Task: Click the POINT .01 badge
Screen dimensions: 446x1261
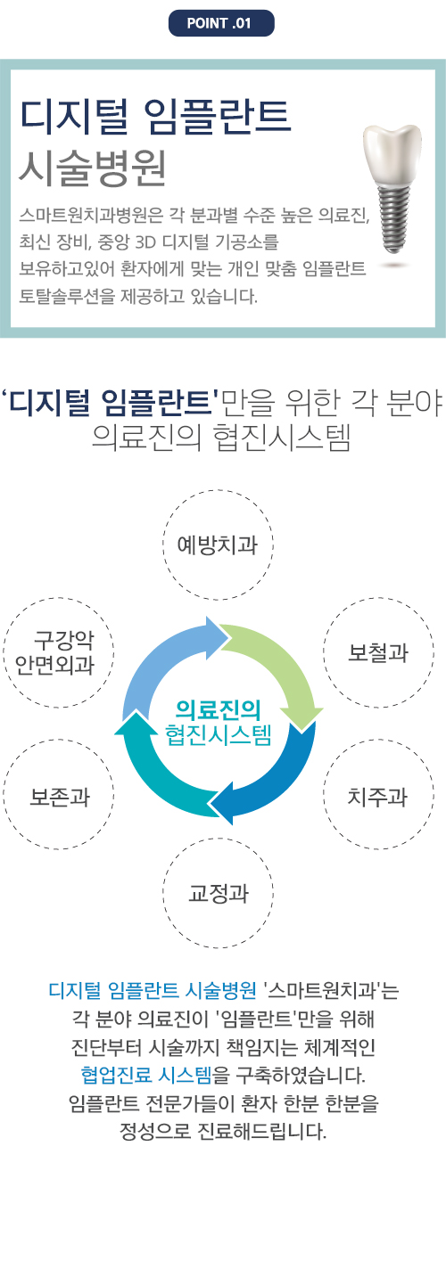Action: [x=221, y=23]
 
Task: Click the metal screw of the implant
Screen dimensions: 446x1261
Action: [x=392, y=219]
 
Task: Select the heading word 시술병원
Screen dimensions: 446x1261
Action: [x=93, y=168]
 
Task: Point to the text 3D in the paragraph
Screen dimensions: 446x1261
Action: [x=145, y=242]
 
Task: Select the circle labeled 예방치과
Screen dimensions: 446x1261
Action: [x=218, y=545]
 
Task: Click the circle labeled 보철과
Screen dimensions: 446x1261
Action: [x=378, y=652]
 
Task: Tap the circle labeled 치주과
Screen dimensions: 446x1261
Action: [x=378, y=795]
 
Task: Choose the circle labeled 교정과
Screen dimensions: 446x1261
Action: [x=218, y=893]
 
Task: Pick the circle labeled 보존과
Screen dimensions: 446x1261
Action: [x=59, y=795]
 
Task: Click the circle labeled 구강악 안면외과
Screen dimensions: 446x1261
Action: [x=59, y=652]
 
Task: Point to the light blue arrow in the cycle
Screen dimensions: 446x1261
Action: [x=158, y=659]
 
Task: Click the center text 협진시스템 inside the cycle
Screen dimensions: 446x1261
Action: [x=218, y=734]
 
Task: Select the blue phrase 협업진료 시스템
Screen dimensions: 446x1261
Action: [x=146, y=1075]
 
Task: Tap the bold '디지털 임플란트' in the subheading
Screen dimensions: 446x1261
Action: [x=111, y=402]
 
